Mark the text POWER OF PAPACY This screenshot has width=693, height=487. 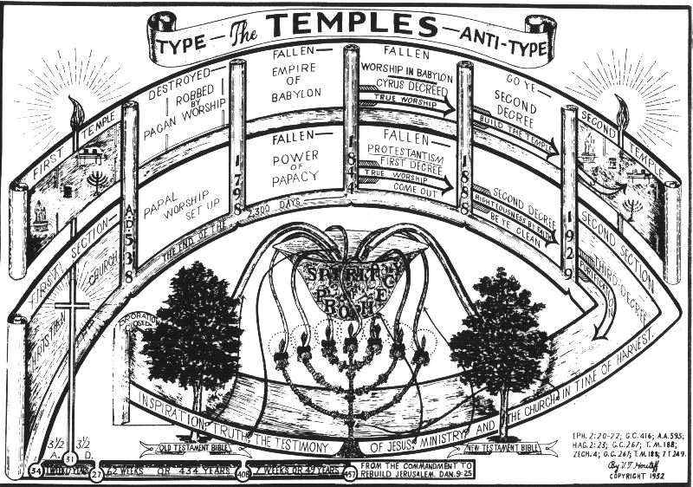tap(294, 159)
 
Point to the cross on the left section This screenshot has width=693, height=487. tap(72, 308)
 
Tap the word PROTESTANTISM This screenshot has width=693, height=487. tap(400, 149)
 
